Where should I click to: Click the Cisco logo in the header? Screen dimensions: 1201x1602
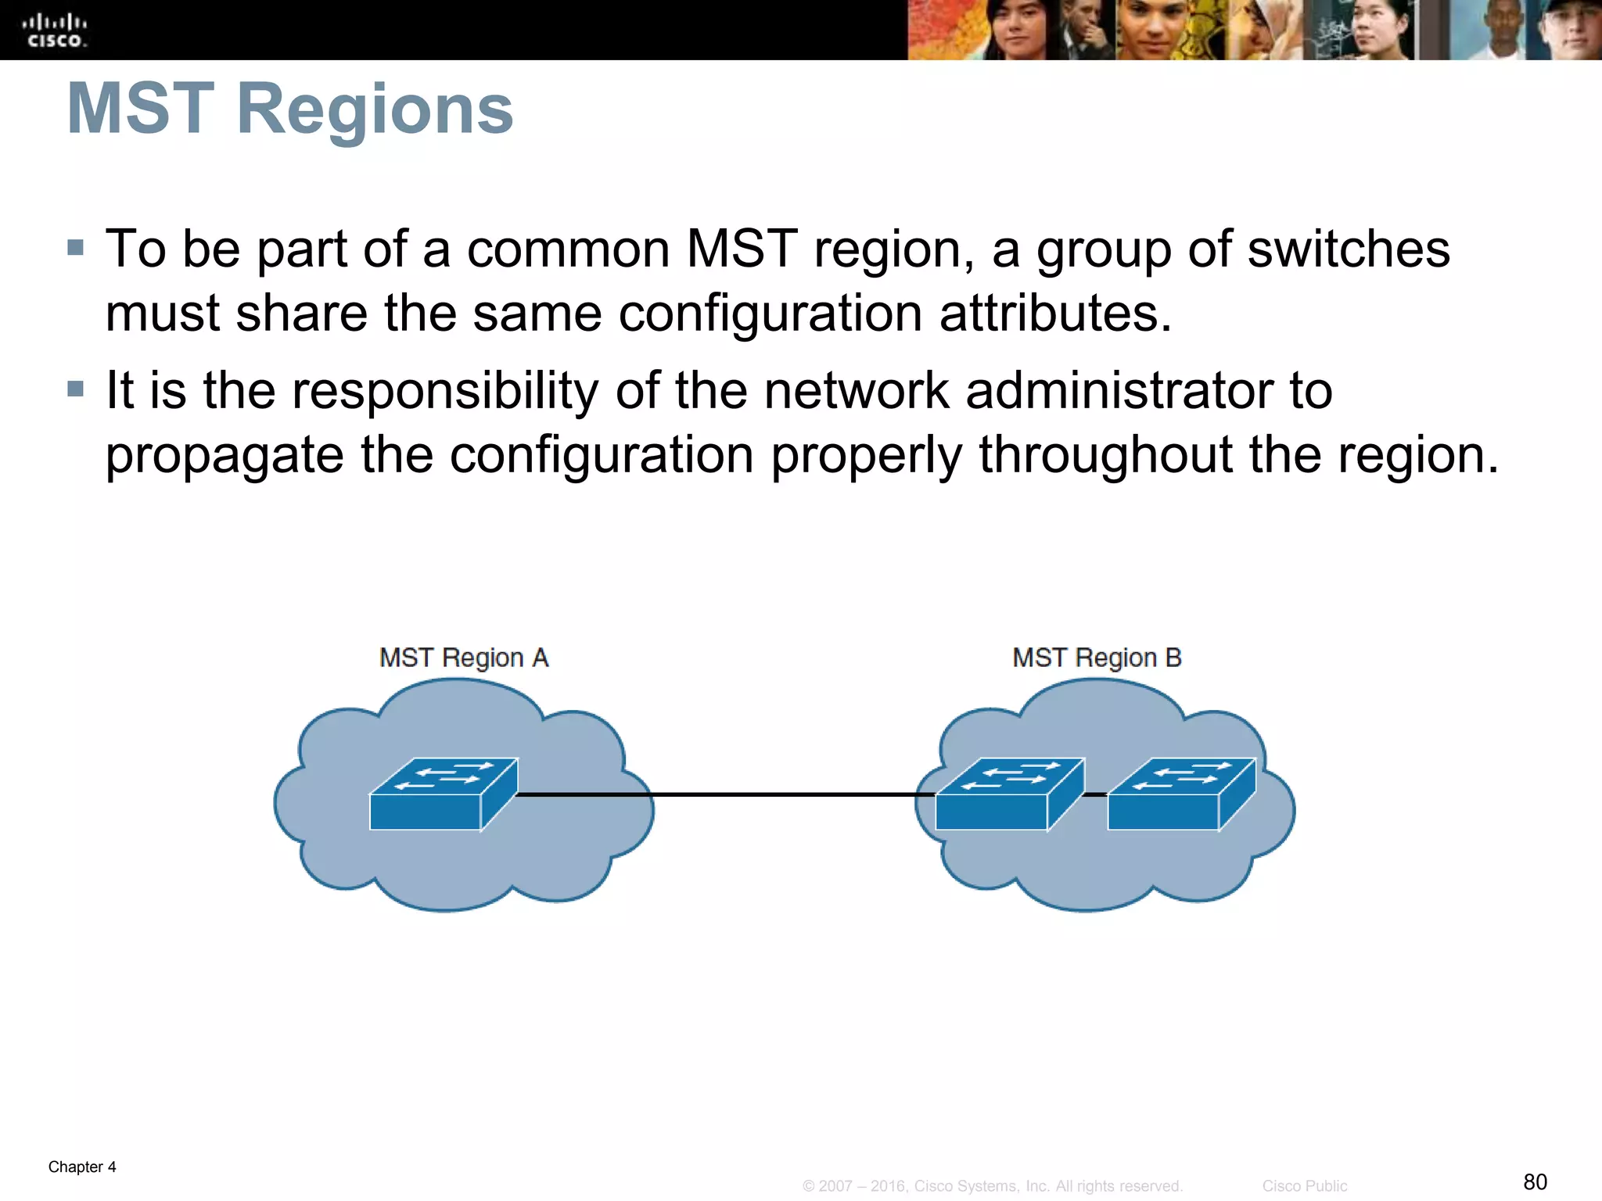54,30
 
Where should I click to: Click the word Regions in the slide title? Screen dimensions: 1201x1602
374,109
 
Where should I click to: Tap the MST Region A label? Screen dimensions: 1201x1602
464,658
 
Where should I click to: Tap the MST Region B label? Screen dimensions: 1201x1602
1097,658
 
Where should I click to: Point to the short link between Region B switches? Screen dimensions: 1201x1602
1096,794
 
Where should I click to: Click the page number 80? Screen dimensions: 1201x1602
1535,1181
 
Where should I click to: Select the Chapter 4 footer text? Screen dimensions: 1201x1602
82,1167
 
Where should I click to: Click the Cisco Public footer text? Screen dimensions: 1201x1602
1304,1186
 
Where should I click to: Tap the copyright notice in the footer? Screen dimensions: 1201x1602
992,1186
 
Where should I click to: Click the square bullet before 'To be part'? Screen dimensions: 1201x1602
76,248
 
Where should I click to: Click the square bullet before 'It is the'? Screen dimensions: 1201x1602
76,389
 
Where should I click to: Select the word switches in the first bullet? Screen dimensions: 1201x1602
1349,249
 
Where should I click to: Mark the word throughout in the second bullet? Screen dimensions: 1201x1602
1105,454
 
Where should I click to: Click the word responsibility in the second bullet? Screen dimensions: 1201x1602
445,392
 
